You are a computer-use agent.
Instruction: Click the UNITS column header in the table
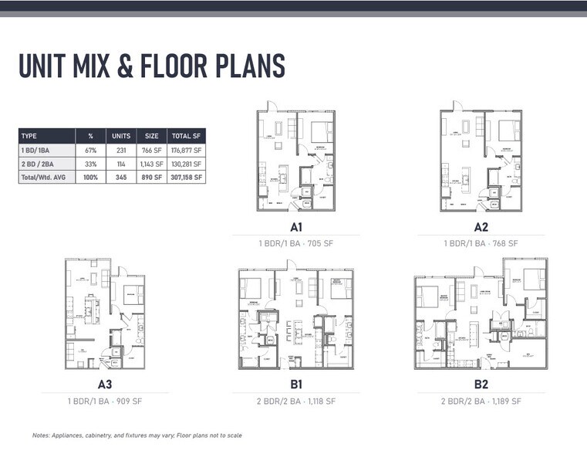(x=122, y=136)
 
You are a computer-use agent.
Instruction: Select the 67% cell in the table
(x=91, y=151)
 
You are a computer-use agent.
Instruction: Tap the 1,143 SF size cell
(x=152, y=164)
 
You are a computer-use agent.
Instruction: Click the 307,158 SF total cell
(x=186, y=177)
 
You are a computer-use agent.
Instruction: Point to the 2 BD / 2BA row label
(x=38, y=164)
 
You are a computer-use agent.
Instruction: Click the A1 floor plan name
(x=295, y=227)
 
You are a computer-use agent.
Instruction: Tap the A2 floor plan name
(x=481, y=227)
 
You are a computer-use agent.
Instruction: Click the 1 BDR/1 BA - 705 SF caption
(x=296, y=243)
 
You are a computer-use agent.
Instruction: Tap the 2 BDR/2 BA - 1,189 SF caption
(x=481, y=401)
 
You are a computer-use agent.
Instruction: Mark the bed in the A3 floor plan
(x=132, y=295)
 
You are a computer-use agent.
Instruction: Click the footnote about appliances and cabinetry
(x=137, y=435)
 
